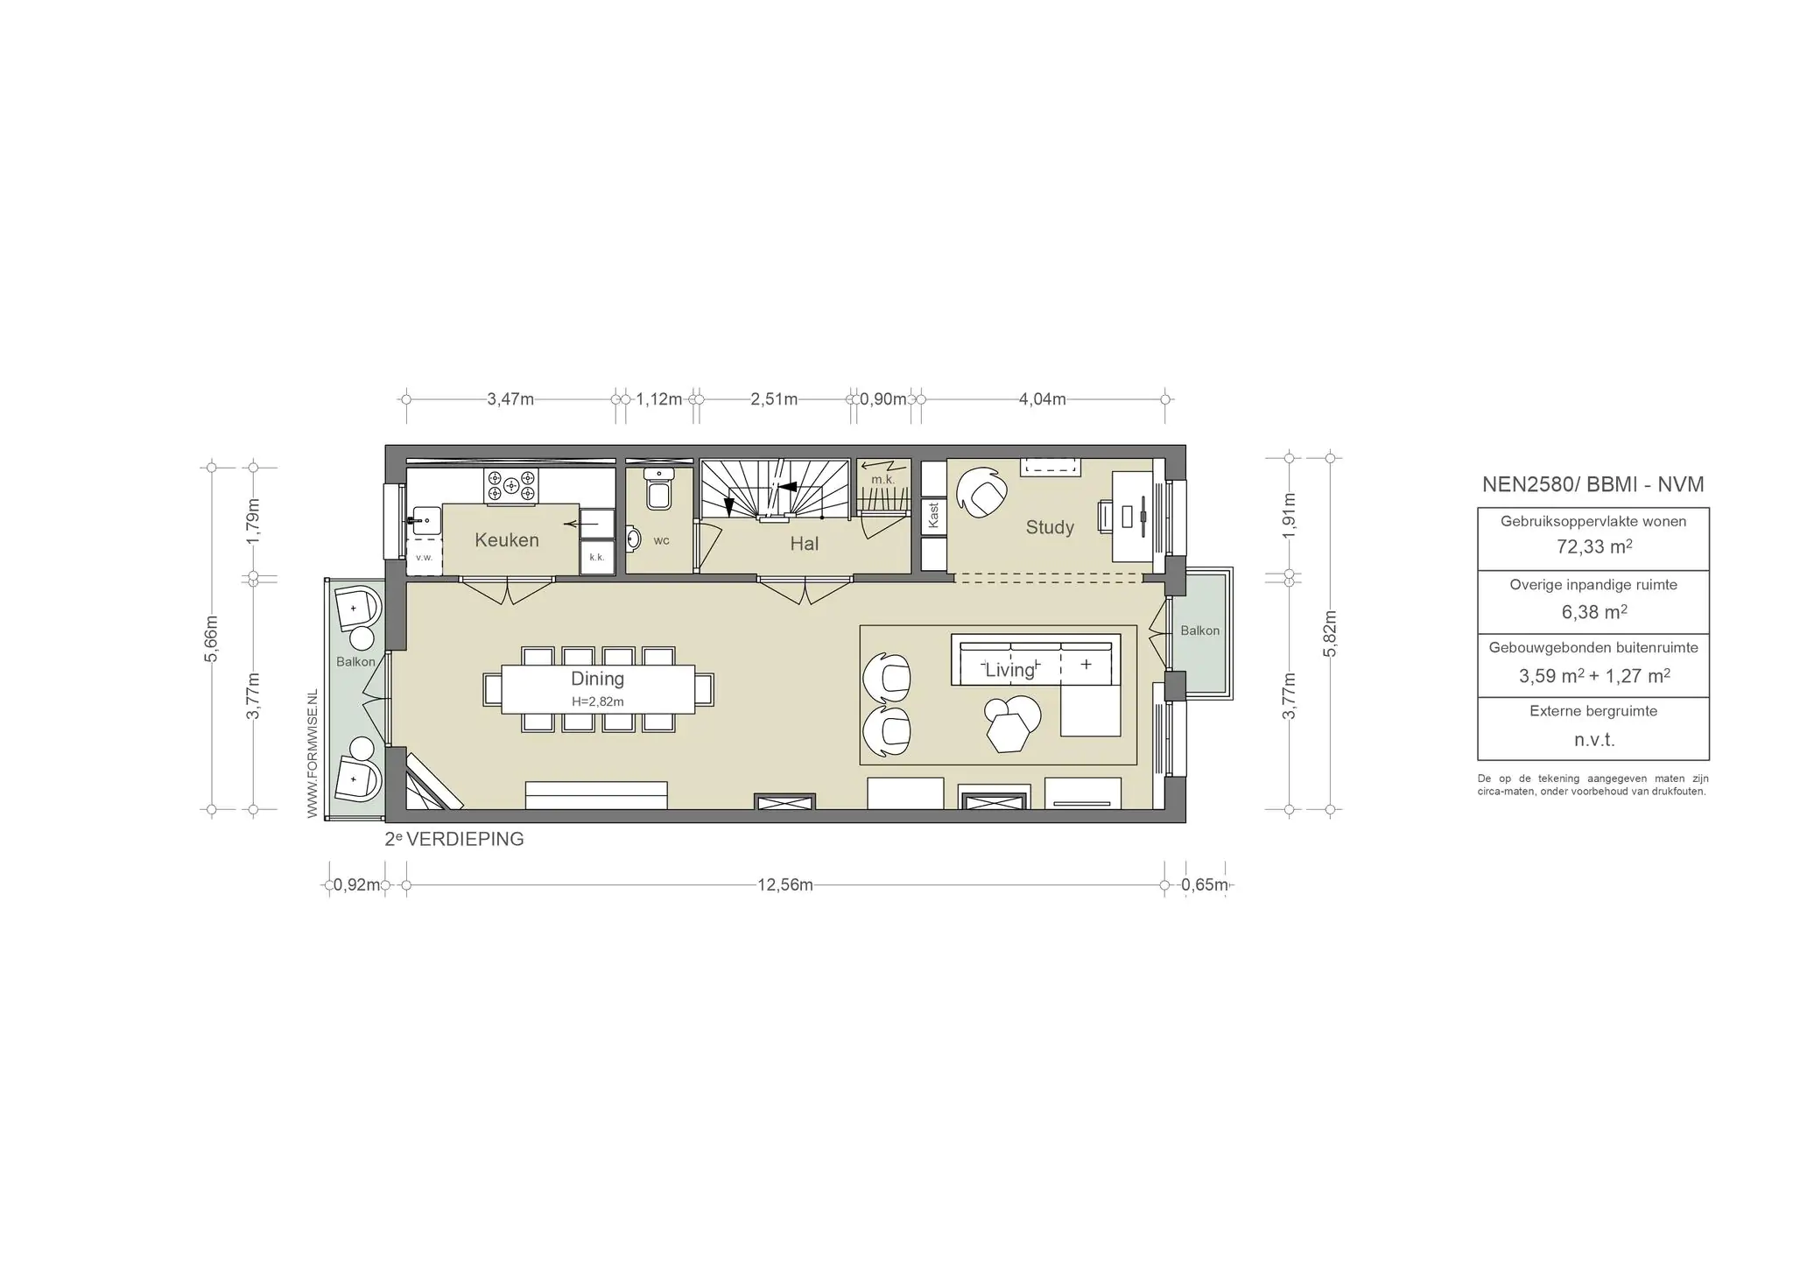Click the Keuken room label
(507, 540)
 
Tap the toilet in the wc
(658, 489)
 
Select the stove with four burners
(512, 487)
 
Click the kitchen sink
(425, 520)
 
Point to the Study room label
(1050, 527)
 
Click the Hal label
(804, 544)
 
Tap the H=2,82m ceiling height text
(598, 701)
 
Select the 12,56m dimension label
(785, 885)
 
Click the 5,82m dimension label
(1331, 634)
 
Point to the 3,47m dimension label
(510, 399)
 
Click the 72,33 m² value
(1593, 547)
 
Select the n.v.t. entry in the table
(1594, 740)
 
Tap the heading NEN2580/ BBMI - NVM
(1593, 484)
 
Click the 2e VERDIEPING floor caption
(454, 839)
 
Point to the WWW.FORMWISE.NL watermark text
(313, 755)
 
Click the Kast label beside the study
(934, 515)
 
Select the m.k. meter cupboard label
(882, 480)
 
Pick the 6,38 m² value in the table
(1594, 612)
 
